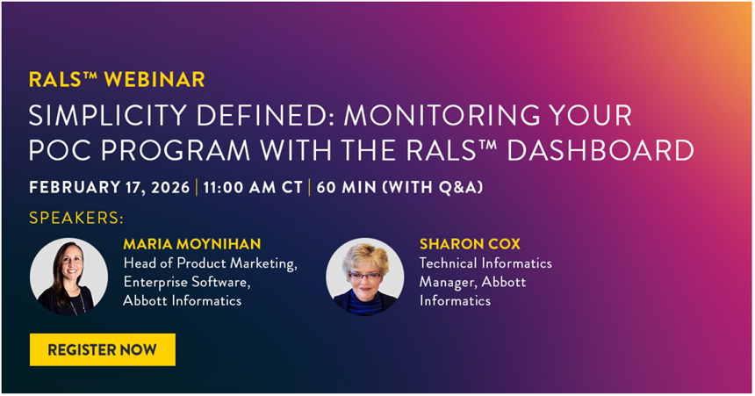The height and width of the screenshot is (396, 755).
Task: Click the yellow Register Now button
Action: click(103, 349)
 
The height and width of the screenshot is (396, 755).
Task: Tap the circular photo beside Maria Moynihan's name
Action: click(68, 277)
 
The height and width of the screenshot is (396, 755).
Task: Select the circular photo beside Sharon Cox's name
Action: click(365, 277)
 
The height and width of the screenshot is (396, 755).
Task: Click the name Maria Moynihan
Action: click(192, 244)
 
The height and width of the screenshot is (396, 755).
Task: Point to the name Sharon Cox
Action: click(470, 244)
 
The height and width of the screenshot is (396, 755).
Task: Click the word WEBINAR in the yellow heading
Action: click(155, 80)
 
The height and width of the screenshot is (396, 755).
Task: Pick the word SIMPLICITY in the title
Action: click(108, 116)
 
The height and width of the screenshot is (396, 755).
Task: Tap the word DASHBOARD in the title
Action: click(600, 150)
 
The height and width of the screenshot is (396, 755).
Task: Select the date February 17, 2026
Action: click(110, 187)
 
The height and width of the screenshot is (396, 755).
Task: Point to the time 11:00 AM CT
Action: click(253, 187)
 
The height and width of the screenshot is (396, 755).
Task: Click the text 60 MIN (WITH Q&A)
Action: click(399, 187)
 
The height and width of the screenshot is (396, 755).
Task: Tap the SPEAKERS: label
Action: click(76, 218)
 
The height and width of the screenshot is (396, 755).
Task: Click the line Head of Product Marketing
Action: click(211, 263)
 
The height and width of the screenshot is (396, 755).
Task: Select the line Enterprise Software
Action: click(187, 283)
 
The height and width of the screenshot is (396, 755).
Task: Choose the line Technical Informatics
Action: click(485, 263)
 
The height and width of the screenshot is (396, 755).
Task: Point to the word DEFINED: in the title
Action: click(265, 116)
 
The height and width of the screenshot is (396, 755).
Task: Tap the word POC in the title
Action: click(61, 150)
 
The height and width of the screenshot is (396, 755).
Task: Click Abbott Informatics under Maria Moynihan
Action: click(183, 300)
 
